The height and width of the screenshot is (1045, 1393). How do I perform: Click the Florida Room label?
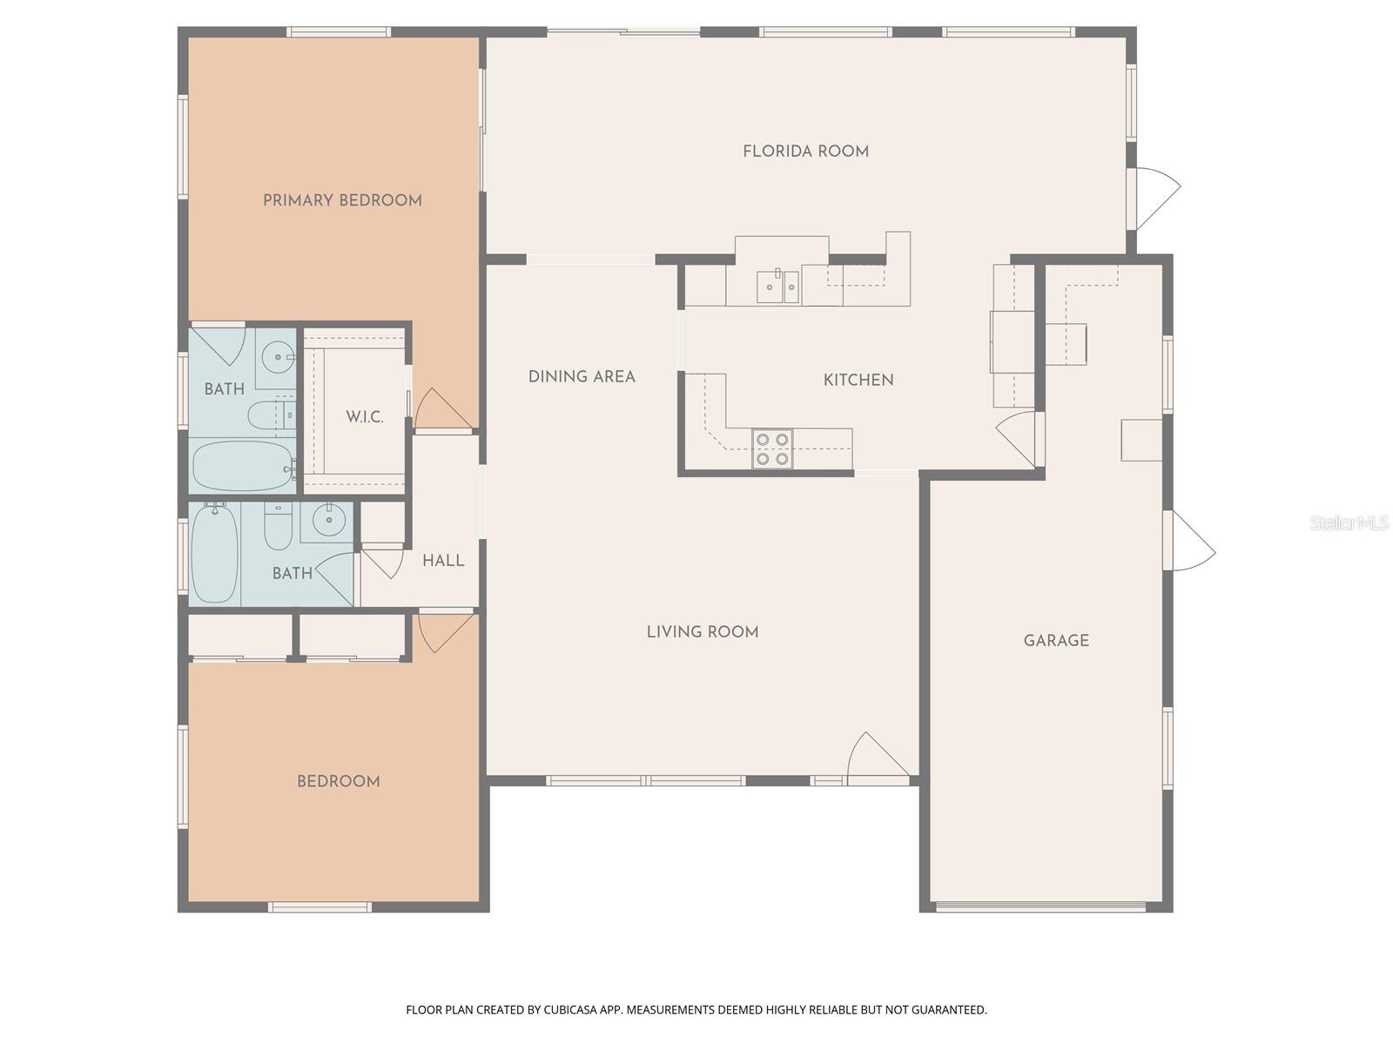[x=805, y=152]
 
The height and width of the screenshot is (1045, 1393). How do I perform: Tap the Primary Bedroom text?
[x=342, y=200]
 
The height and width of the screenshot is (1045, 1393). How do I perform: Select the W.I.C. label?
[x=364, y=417]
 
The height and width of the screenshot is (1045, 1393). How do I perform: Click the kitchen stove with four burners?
[x=772, y=448]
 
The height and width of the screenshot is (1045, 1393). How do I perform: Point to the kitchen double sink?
[x=777, y=287]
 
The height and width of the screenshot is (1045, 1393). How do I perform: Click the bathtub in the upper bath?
[x=242, y=466]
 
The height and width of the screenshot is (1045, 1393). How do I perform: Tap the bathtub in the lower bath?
[x=214, y=554]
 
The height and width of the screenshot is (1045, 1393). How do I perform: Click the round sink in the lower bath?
[x=329, y=522]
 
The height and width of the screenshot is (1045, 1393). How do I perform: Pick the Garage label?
[x=1056, y=641]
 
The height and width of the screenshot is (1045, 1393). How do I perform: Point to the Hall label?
[x=443, y=561]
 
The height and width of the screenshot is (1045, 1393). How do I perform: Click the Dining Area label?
[x=582, y=377]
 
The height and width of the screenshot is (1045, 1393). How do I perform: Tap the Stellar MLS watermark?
[x=1349, y=522]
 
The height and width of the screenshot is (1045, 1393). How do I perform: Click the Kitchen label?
[x=858, y=380]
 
